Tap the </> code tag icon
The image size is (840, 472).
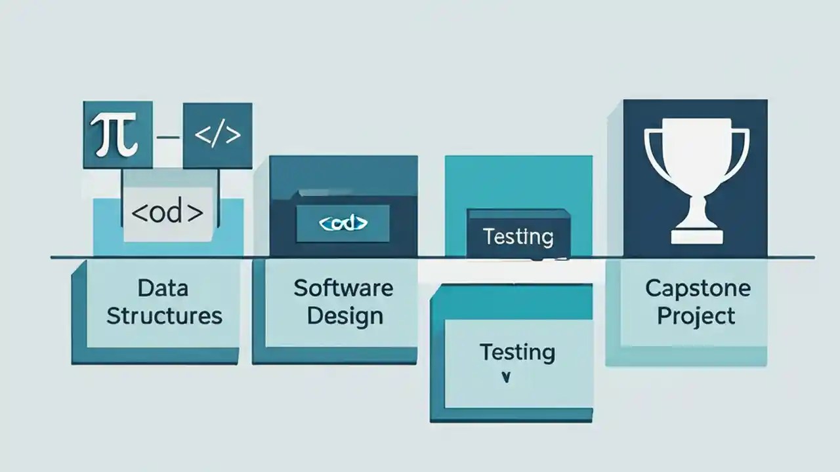coord(217,136)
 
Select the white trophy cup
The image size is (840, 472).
coord(696,177)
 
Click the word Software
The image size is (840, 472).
coord(343,288)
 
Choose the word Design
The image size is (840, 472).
coord(345,316)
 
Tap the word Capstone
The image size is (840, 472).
coord(697,288)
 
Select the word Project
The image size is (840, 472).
coord(696,316)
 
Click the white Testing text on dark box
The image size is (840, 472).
coord(518,236)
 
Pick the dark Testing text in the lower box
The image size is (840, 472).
coord(517,352)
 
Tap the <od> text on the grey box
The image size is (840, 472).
coord(167,214)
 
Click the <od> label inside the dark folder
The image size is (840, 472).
coord(343,224)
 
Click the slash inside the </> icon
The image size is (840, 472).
coord(217,136)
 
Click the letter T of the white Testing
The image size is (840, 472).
coord(488,236)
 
